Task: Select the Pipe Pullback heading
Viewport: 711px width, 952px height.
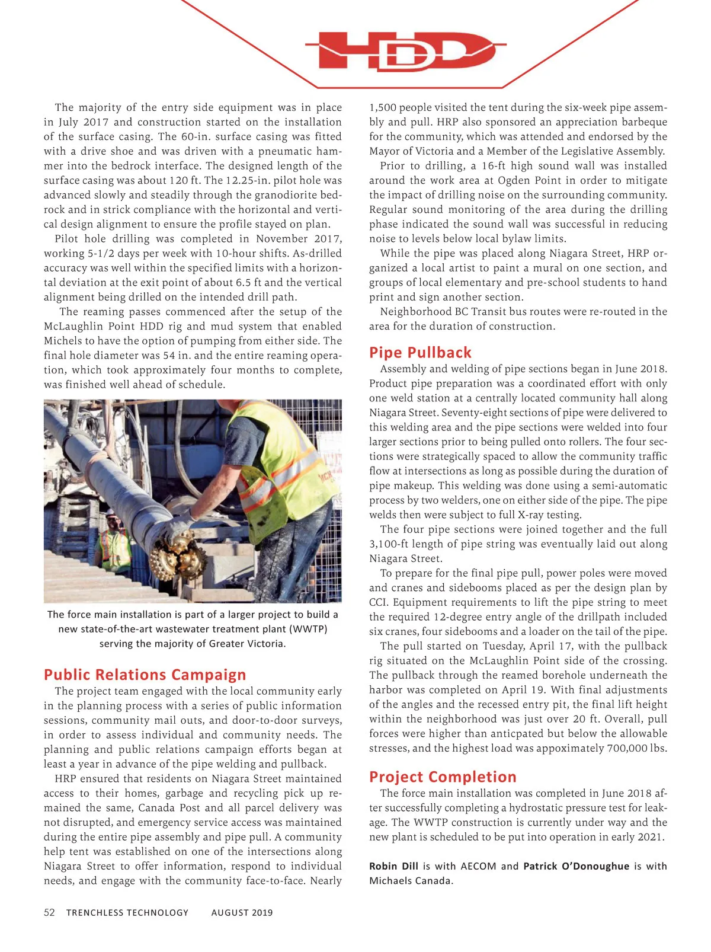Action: coord(420,353)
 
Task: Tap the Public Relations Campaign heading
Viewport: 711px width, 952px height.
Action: coord(145,675)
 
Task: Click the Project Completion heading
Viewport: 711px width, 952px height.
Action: coord(443,777)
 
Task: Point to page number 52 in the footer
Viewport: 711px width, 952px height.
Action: coord(49,912)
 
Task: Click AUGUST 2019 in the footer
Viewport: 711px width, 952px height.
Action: coord(242,913)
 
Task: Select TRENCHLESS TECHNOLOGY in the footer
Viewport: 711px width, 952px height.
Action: coord(127,913)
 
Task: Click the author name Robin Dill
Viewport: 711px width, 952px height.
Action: coord(393,866)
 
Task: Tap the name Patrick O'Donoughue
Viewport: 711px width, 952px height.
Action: coord(576,866)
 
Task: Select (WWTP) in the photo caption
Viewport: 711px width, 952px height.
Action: coord(308,629)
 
